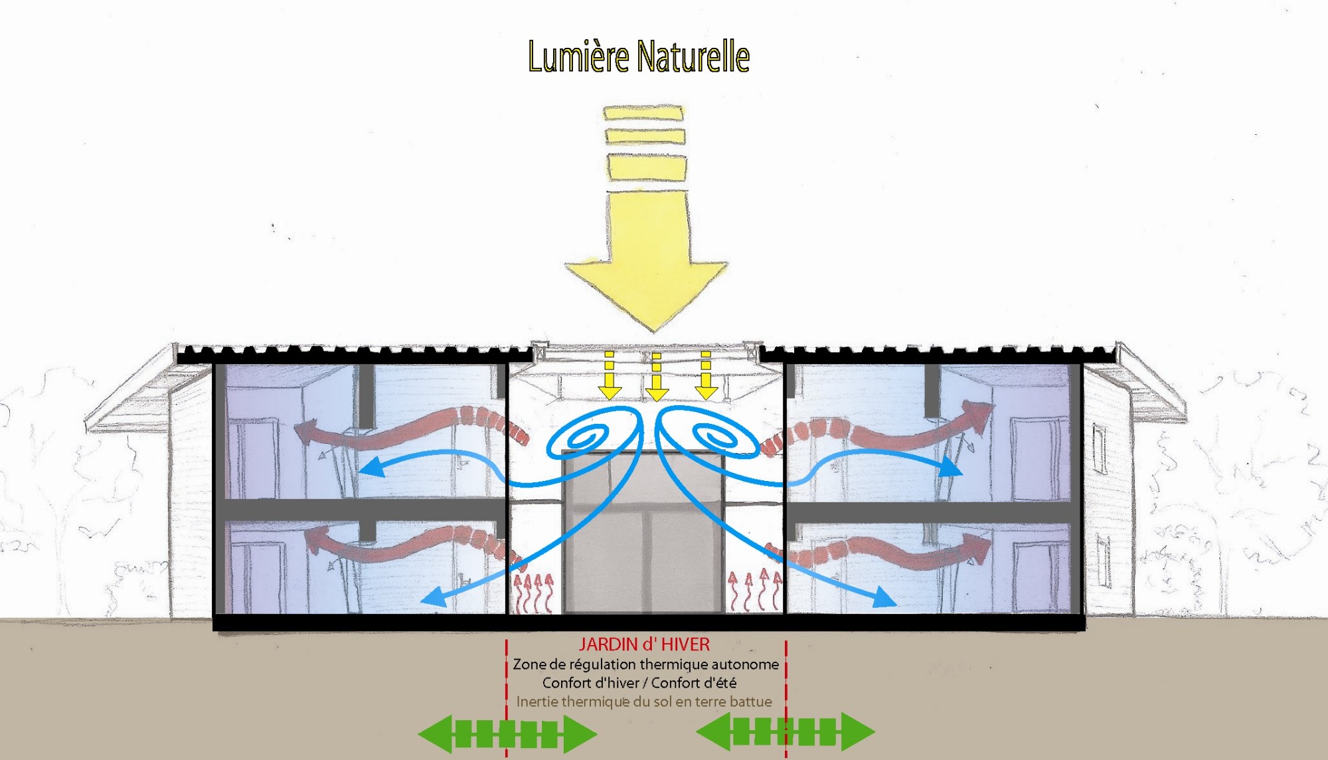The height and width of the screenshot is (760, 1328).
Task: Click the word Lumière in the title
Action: click(578, 56)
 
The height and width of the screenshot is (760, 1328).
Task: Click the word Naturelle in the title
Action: click(693, 56)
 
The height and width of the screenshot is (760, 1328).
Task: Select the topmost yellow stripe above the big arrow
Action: click(643, 113)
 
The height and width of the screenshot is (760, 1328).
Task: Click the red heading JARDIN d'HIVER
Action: click(644, 644)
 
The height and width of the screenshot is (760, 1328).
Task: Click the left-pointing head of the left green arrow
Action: click(435, 733)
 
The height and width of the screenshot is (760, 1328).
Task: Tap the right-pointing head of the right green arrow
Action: click(859, 731)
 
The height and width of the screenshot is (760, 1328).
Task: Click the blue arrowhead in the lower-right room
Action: click(883, 598)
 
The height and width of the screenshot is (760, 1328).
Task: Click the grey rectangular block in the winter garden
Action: click(643, 531)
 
